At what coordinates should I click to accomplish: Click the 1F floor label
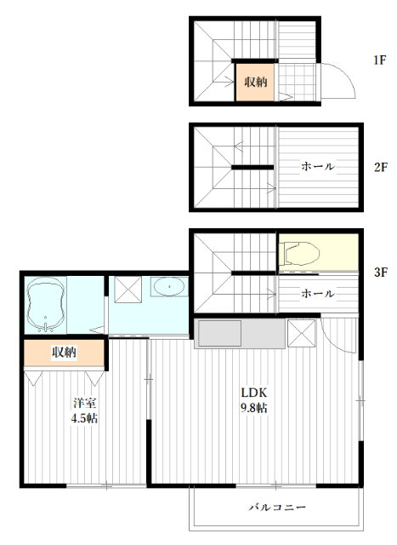pyautogui.click(x=380, y=60)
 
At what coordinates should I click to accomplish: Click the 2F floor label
pyautogui.click(x=380, y=167)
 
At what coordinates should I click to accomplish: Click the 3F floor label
pyautogui.click(x=380, y=272)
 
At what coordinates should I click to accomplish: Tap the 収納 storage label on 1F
pyautogui.click(x=256, y=82)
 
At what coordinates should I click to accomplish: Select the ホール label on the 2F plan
pyautogui.click(x=318, y=166)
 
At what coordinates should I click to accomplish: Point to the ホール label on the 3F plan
pyautogui.click(x=318, y=293)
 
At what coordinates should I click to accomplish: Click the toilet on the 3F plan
pyautogui.click(x=301, y=253)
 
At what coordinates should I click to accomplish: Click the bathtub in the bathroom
pyautogui.click(x=45, y=305)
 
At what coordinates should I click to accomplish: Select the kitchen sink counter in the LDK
pyautogui.click(x=240, y=334)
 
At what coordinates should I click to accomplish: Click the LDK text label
pyautogui.click(x=254, y=393)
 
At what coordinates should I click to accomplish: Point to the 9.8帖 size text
pyautogui.click(x=254, y=408)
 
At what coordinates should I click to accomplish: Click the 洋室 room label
pyautogui.click(x=84, y=403)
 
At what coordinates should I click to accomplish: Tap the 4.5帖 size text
pyautogui.click(x=84, y=418)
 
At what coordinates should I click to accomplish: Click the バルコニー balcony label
pyautogui.click(x=277, y=508)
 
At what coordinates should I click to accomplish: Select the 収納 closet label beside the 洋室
pyautogui.click(x=65, y=353)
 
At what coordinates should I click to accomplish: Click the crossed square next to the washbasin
pyautogui.click(x=128, y=290)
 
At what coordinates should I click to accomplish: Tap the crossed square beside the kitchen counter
pyautogui.click(x=302, y=333)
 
